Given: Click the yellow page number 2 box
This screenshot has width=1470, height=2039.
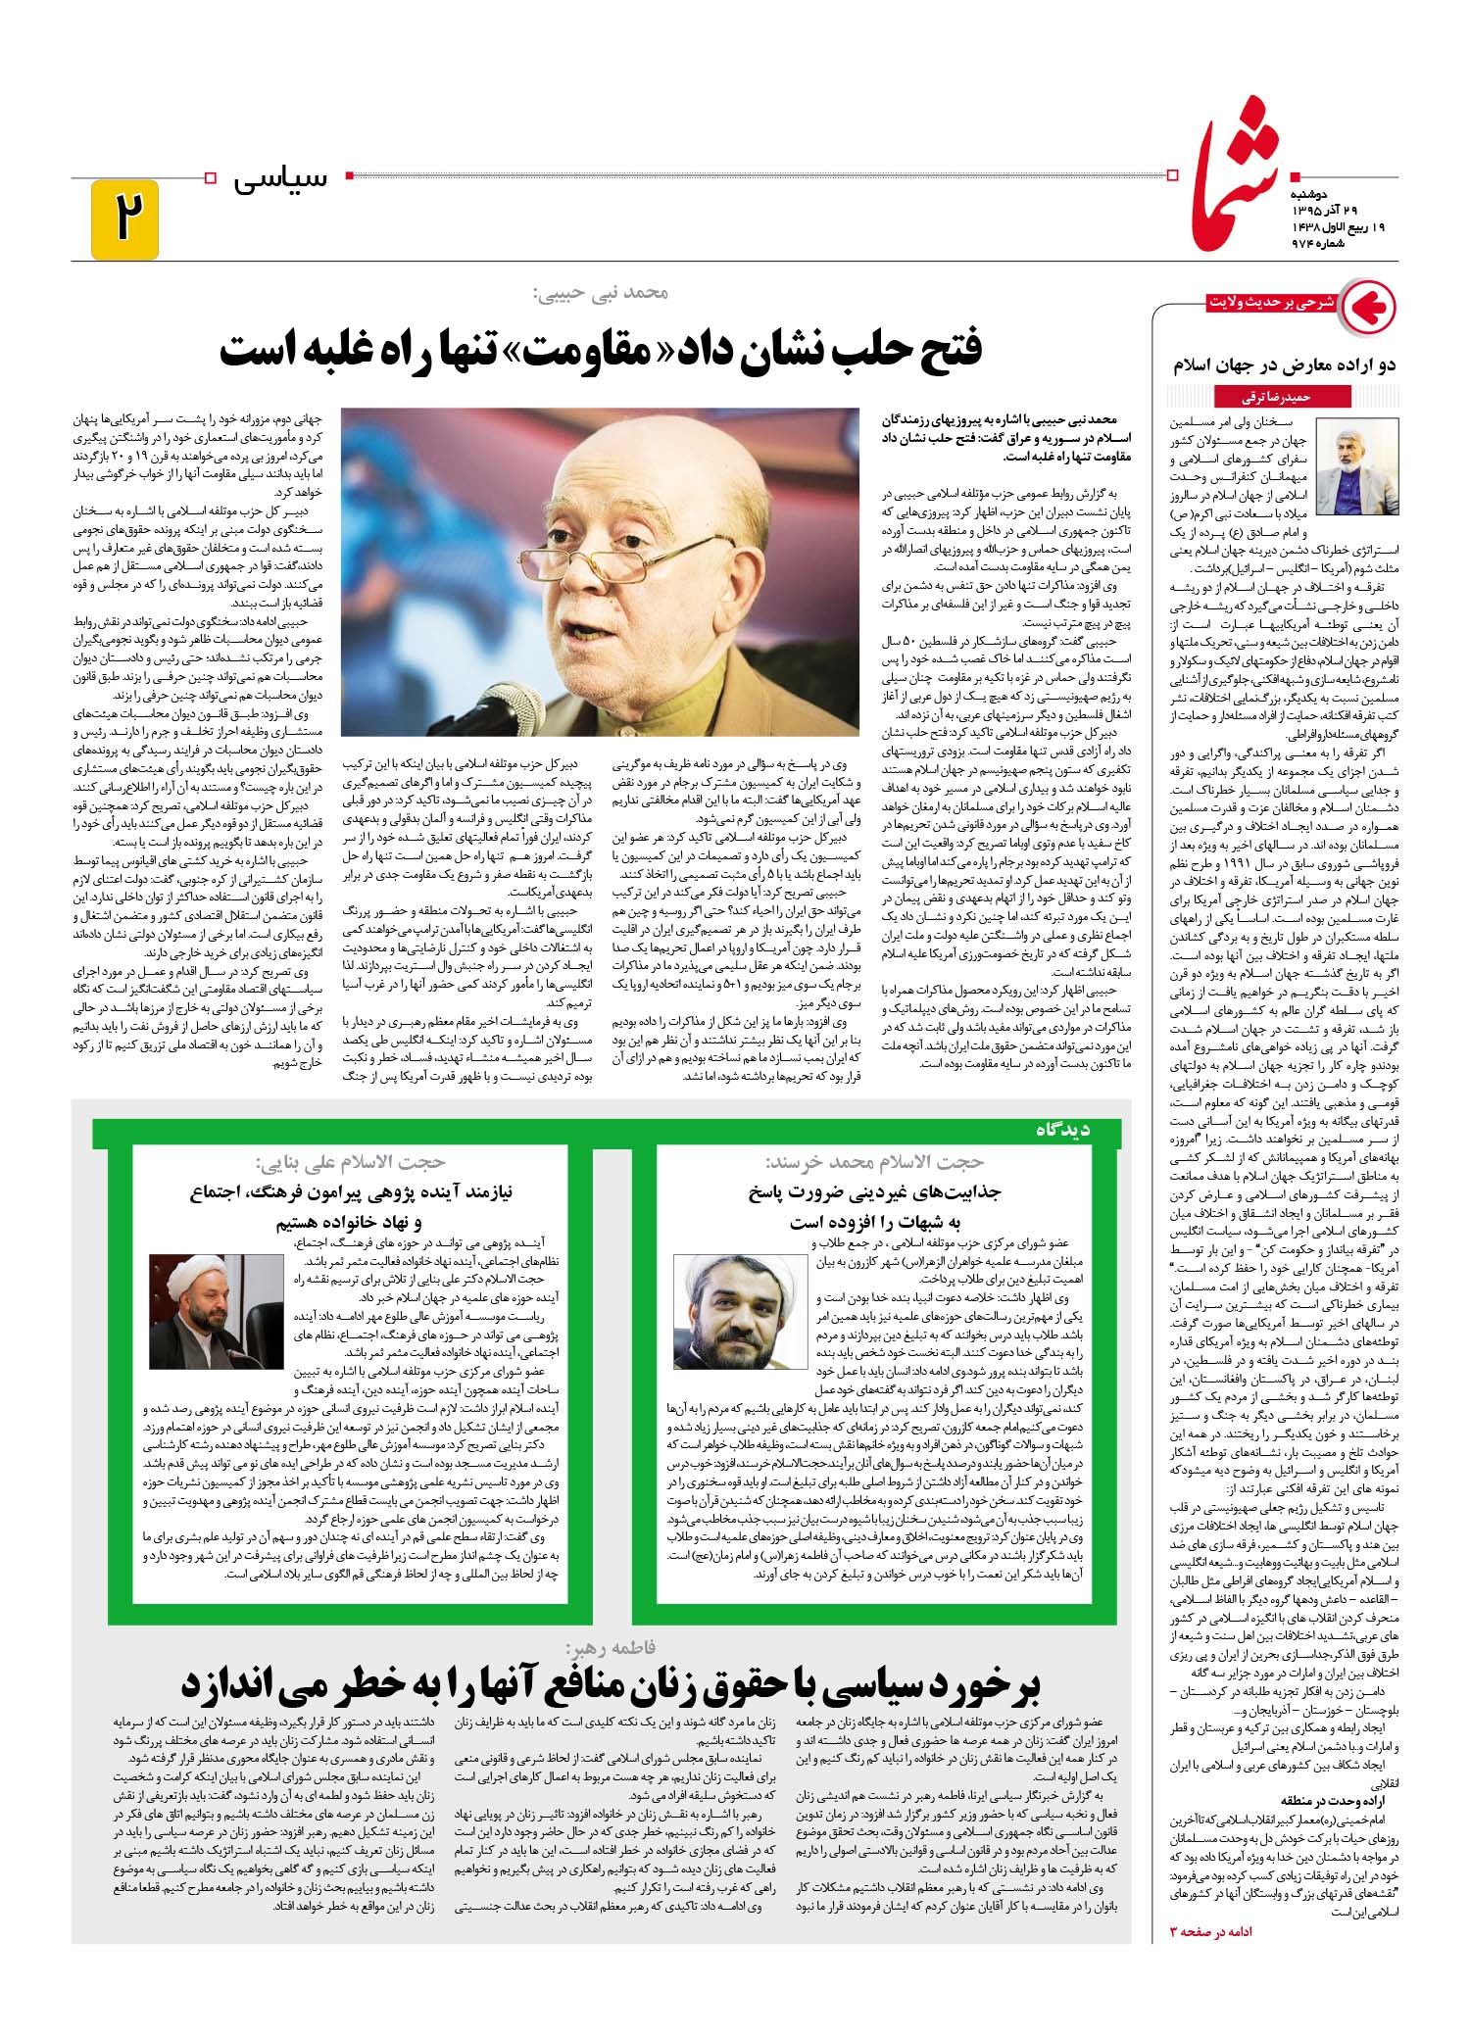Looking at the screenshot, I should pyautogui.click(x=124, y=219).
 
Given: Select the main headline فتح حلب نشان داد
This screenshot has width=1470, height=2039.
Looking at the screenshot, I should pyautogui.click(x=600, y=351).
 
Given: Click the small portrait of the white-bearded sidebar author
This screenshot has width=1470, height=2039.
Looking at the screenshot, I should pyautogui.click(x=1358, y=465).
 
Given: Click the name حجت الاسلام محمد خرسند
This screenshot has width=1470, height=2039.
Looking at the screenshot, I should pyautogui.click(x=874, y=1162).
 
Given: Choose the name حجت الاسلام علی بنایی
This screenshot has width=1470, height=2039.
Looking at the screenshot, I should pyautogui.click(x=350, y=1162).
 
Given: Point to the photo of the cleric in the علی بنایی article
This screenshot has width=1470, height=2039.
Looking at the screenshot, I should pyautogui.click(x=201, y=1311).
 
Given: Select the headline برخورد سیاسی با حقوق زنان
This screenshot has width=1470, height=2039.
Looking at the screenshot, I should pyautogui.click(x=610, y=1686).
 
